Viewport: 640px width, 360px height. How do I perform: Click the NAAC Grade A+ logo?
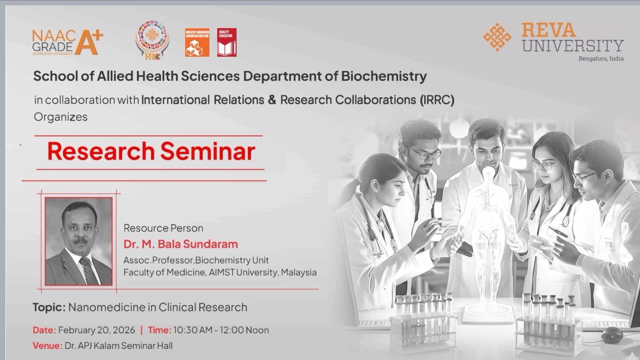[x=68, y=42]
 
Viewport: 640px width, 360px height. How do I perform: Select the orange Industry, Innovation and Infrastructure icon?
[x=197, y=42]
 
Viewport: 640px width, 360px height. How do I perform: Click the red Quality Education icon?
[x=227, y=42]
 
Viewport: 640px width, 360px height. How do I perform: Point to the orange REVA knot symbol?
[x=497, y=37]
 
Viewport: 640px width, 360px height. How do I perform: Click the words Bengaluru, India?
[x=601, y=59]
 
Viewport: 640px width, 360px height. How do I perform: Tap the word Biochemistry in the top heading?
[x=384, y=76]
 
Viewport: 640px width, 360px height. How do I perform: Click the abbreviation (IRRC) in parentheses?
[x=437, y=100]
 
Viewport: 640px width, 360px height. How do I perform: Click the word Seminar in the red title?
[x=208, y=151]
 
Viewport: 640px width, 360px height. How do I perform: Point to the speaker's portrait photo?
[x=79, y=241]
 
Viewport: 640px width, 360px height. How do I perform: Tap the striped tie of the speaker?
[x=89, y=270]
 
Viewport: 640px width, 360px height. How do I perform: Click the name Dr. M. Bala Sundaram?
[x=180, y=244]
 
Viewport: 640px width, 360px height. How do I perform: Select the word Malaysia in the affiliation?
[x=299, y=272]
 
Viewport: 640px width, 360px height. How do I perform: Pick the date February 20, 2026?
[x=96, y=330]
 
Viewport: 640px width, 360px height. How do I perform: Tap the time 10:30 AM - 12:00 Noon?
[x=221, y=330]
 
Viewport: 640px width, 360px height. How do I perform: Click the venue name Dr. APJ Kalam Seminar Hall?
[x=119, y=346]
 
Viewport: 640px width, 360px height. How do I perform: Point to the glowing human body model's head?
[x=488, y=172]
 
